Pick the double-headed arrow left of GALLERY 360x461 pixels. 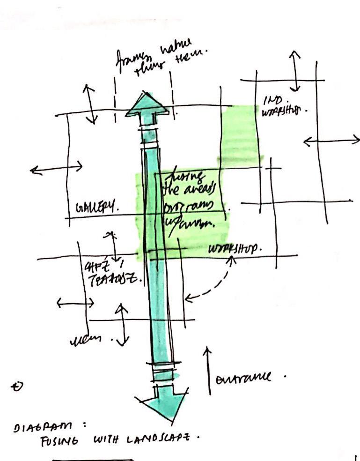click(x=56, y=168)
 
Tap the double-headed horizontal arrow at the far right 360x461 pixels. click(x=331, y=141)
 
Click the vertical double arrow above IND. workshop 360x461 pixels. click(x=295, y=70)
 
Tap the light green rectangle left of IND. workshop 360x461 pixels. click(x=240, y=134)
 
